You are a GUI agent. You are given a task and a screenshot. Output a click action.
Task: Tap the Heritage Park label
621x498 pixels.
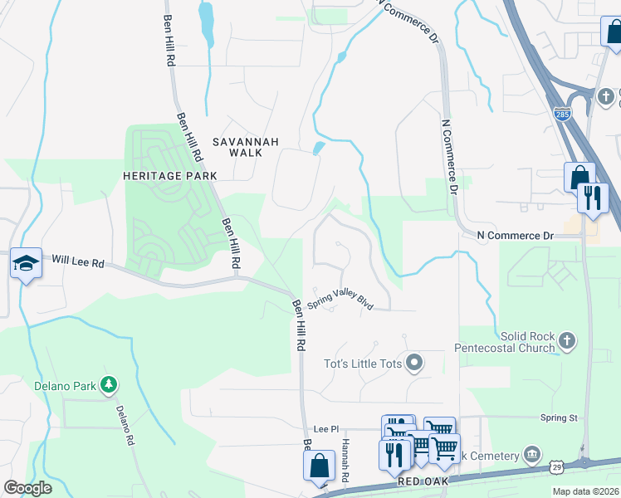[169, 176]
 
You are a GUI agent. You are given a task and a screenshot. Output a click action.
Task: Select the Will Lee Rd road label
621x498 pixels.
[77, 262]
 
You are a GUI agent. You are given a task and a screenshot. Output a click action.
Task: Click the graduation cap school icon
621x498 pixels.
[26, 264]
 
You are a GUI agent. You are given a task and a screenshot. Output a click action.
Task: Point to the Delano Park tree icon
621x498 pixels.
[107, 384]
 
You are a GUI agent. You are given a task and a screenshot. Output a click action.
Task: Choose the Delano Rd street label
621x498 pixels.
[125, 427]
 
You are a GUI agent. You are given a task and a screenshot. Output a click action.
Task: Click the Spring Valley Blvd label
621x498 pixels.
[340, 300]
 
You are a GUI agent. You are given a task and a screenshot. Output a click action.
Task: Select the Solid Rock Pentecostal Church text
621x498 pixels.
[526, 342]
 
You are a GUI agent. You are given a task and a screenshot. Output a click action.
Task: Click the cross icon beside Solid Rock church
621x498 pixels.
[567, 339]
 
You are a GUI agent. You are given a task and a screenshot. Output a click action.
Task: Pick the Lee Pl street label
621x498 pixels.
[323, 429]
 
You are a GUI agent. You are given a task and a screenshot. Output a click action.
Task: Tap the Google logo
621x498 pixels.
[27, 487]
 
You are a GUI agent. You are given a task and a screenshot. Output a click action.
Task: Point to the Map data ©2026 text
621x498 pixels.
[584, 491]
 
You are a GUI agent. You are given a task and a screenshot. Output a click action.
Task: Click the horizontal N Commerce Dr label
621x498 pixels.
[515, 236]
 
